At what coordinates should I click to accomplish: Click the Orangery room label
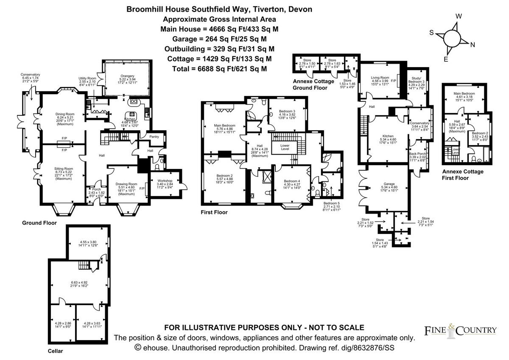(125, 76)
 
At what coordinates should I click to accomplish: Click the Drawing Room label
(125, 184)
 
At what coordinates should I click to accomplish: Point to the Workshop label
(165, 180)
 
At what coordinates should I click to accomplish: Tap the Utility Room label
(87, 79)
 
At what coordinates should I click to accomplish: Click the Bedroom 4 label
(291, 181)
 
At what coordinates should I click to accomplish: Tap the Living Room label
(380, 78)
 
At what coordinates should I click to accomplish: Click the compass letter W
(458, 16)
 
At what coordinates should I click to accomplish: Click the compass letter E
(446, 59)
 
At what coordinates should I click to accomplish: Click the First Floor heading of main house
(214, 212)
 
